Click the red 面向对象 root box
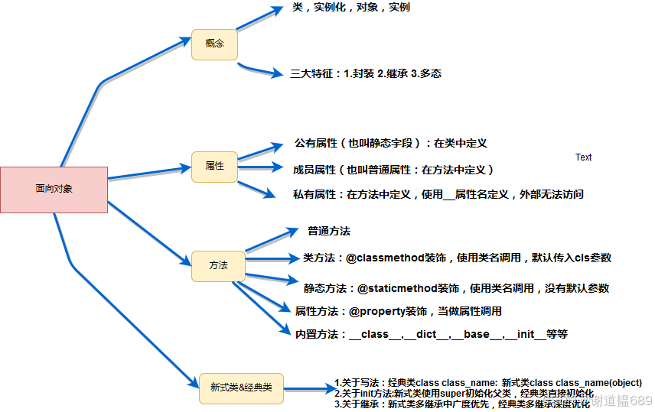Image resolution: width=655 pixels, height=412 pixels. point(54,189)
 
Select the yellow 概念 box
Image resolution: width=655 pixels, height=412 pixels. point(214,44)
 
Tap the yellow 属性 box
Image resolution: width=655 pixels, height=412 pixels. point(214,166)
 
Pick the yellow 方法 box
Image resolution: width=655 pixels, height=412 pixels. point(218,265)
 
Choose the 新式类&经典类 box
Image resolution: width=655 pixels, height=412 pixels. point(241,388)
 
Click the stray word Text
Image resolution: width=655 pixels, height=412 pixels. point(583,157)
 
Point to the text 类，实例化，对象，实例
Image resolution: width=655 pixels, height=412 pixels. point(351,8)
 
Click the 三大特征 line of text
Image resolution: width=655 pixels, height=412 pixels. point(366,74)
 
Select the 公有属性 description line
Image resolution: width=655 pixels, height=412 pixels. point(390,143)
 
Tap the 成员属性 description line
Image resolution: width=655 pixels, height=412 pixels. point(393,170)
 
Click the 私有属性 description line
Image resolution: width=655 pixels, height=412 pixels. point(438,194)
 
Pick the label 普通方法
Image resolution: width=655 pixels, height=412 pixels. point(329,230)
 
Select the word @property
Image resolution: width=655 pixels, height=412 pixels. point(376,311)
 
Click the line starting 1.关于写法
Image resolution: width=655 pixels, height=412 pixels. point(487,382)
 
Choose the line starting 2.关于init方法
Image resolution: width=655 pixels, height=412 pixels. point(464,393)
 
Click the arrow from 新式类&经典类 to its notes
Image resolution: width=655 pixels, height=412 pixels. point(310,388)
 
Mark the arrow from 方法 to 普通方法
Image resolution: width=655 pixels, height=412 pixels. point(272,239)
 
